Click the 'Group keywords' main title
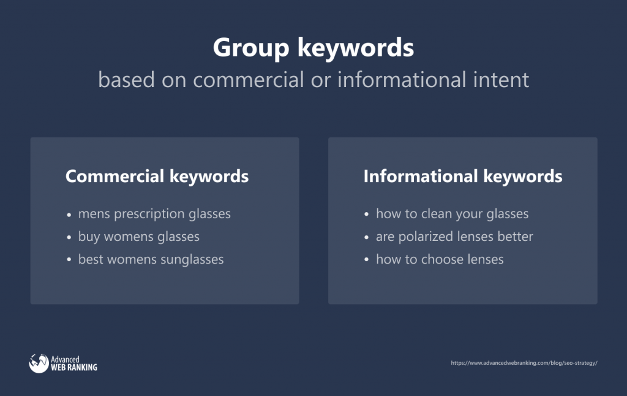pos(313,48)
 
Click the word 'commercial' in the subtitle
pos(249,79)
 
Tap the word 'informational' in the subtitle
pos(402,79)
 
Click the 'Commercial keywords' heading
pos(157,177)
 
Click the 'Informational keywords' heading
pos(463,177)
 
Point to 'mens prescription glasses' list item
pos(154,214)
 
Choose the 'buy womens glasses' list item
pos(139,237)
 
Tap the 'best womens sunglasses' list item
pos(151,260)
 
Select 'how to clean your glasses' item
pos(452,214)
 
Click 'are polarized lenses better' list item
pos(455,237)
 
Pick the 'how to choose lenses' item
pos(440,259)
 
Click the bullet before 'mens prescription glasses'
pos(69,215)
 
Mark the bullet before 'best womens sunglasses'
pos(69,261)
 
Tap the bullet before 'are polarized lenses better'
pos(367,237)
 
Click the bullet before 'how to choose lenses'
pos(367,261)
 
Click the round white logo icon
pos(39,364)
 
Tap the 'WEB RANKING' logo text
pos(74,367)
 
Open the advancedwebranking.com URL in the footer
pos(524,363)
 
